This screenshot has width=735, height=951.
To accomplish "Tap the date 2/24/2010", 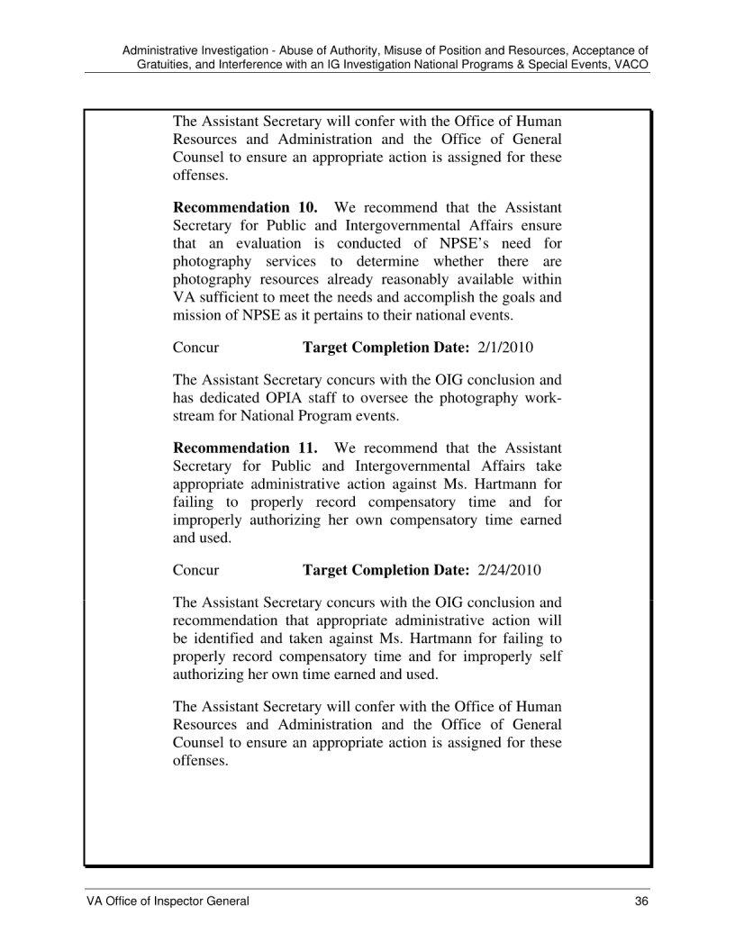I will (513, 570).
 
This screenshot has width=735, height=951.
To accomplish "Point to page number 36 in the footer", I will (642, 901).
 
